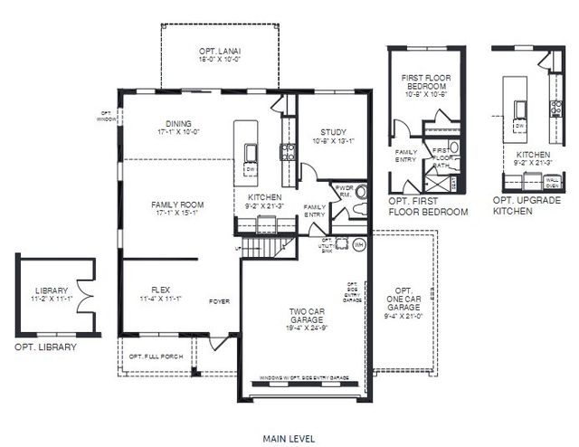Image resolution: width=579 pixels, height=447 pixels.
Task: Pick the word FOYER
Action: (220, 300)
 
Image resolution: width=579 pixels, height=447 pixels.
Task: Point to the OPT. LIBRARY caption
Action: (45, 347)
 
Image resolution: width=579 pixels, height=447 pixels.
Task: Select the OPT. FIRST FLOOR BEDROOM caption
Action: (428, 205)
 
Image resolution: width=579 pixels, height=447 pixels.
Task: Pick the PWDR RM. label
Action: (344, 192)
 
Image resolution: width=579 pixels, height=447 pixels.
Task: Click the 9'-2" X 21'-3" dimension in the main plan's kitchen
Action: (265, 206)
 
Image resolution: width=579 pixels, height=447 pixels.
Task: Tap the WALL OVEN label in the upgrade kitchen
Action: (553, 182)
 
